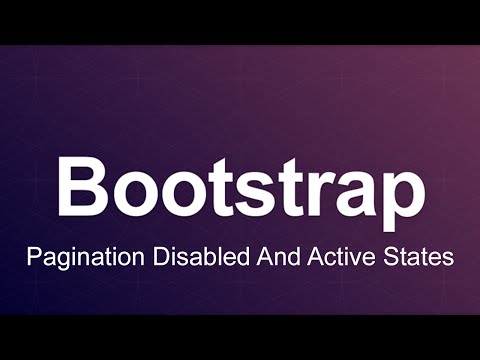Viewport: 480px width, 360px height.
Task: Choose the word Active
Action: coord(330,256)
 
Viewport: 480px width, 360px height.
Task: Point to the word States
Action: coord(411,256)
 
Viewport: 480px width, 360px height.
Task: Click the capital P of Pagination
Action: coord(34,256)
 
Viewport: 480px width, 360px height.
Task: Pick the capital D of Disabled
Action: coord(160,256)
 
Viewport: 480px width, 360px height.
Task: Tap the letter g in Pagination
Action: coord(59,260)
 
